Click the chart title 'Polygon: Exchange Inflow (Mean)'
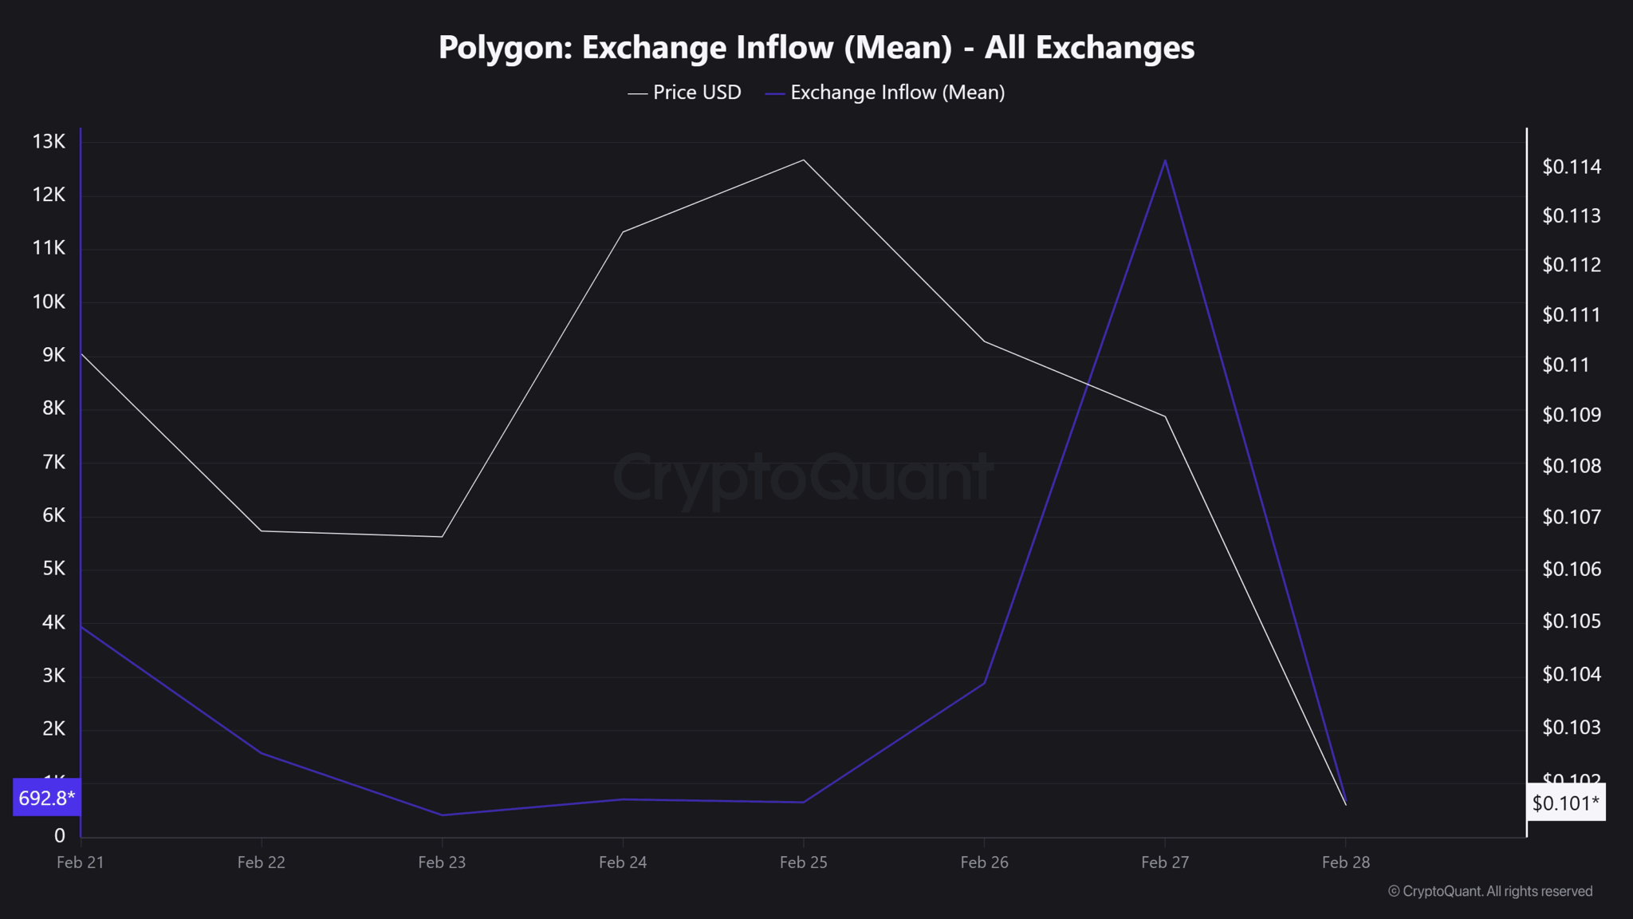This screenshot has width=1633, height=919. (x=816, y=48)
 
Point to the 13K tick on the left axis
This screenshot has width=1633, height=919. (x=49, y=142)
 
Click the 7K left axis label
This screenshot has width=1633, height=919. (x=53, y=462)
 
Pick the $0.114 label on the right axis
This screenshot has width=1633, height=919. (x=1571, y=167)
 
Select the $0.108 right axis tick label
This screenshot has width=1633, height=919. (x=1571, y=466)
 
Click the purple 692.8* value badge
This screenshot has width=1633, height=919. (x=46, y=798)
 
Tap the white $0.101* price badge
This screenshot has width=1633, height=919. (x=1565, y=803)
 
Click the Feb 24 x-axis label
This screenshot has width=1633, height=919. (x=623, y=862)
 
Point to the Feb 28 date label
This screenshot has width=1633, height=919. (x=1345, y=862)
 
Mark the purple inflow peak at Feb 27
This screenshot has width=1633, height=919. (x=1165, y=160)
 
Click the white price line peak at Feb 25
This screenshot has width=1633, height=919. (x=804, y=160)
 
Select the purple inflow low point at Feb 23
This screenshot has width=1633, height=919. (x=443, y=814)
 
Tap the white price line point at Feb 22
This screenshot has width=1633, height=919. (x=262, y=530)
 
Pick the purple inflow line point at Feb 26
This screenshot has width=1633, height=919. (x=985, y=683)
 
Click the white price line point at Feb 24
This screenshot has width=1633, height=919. (x=623, y=232)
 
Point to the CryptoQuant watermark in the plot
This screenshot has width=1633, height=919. (x=802, y=477)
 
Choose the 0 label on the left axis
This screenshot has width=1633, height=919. (x=60, y=835)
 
